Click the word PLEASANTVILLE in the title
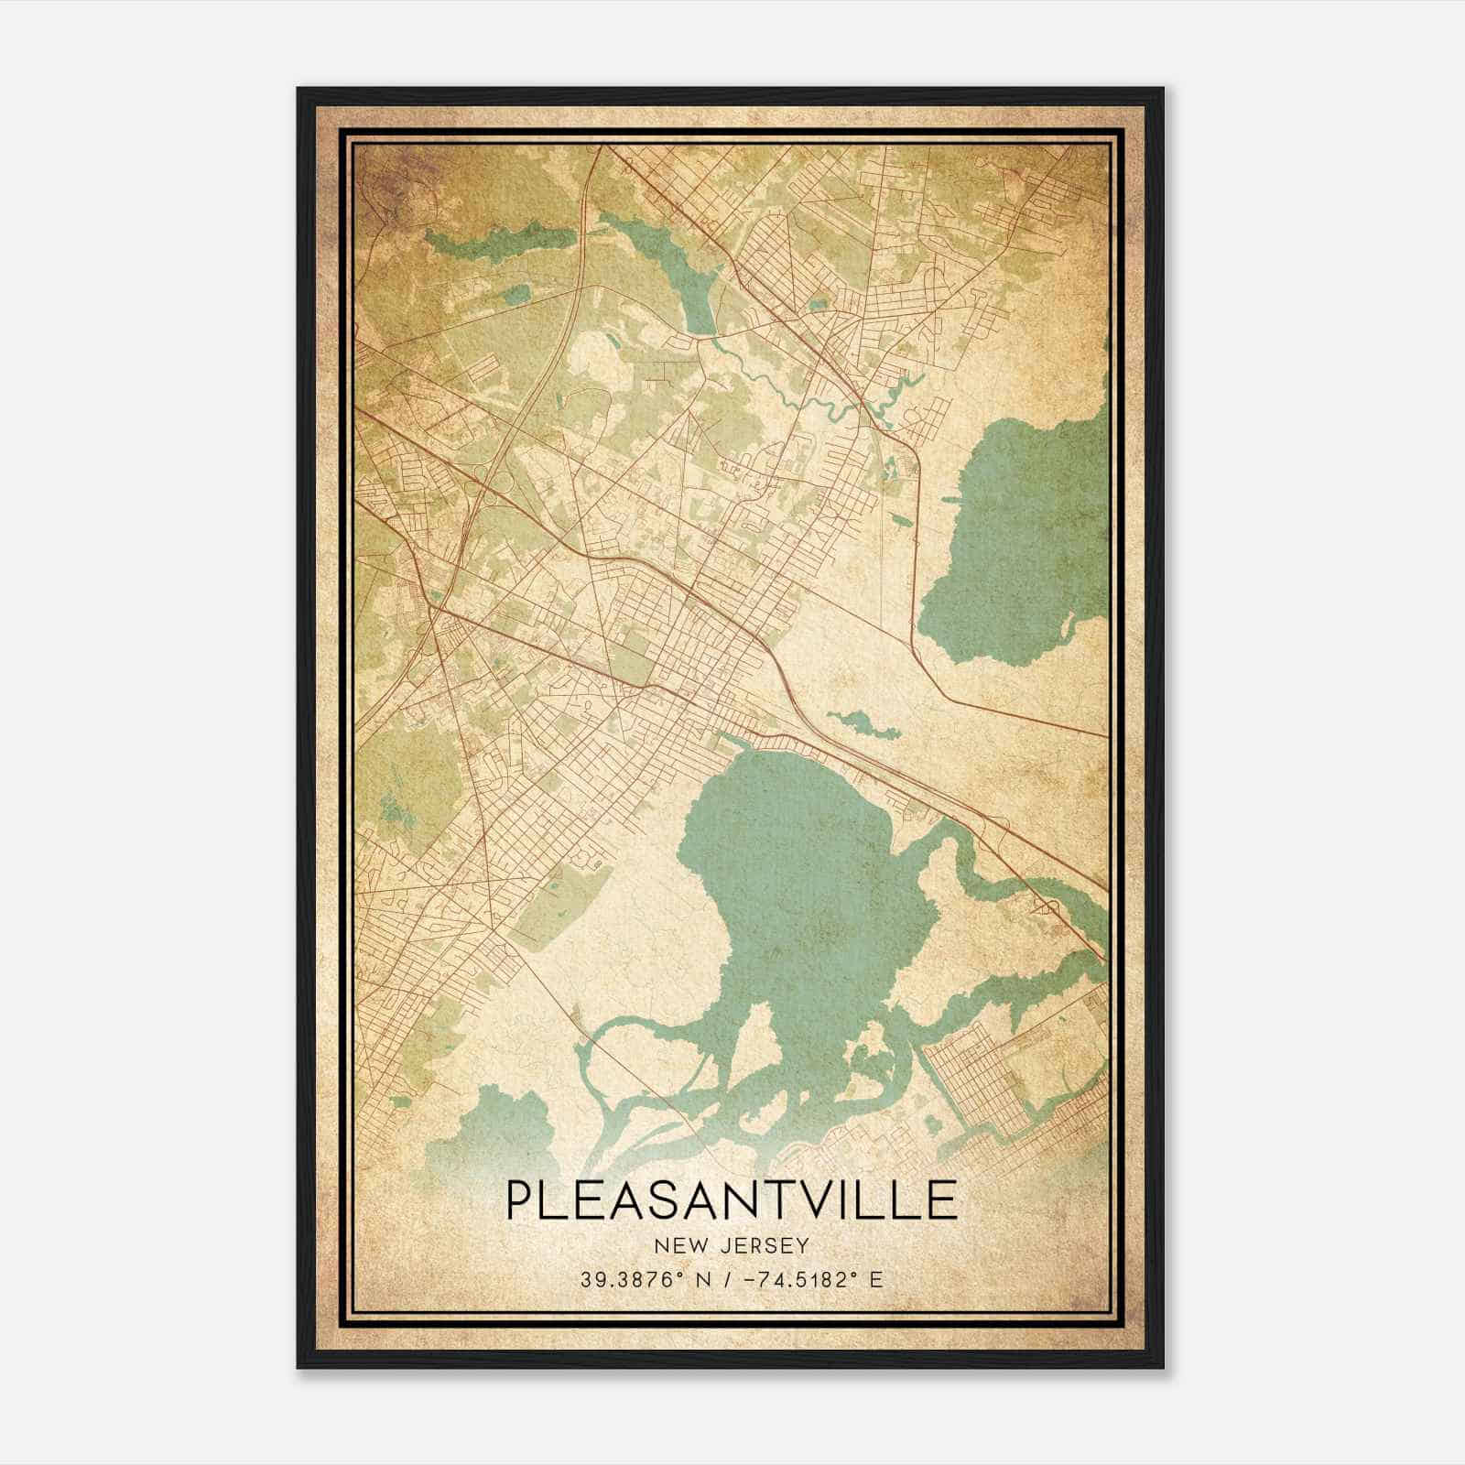[x=731, y=1200]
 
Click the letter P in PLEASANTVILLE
[x=517, y=1200]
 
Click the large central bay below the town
[x=797, y=879]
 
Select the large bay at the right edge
[x=1016, y=540]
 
